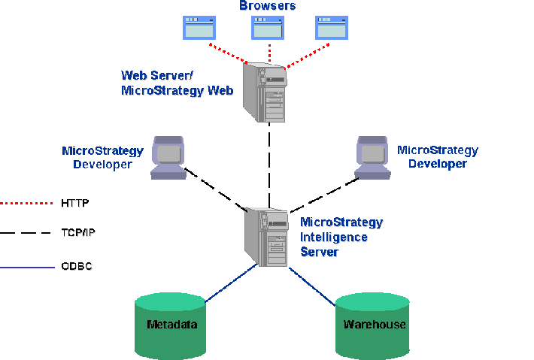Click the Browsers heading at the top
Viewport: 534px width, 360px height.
[267, 6]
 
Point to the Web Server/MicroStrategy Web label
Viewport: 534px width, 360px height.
[177, 83]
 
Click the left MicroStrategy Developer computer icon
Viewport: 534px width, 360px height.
[168, 156]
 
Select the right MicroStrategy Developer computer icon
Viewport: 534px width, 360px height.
[372, 156]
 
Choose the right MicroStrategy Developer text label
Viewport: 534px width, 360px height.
[437, 157]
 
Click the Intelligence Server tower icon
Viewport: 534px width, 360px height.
[267, 237]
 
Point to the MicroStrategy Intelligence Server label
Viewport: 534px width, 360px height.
[341, 237]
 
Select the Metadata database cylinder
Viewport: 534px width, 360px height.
[171, 325]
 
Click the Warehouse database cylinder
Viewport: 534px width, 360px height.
[374, 325]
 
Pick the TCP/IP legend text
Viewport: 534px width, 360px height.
[77, 233]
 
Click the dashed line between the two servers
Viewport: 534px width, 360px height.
[269, 165]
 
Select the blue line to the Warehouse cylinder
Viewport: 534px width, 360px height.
[312, 286]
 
